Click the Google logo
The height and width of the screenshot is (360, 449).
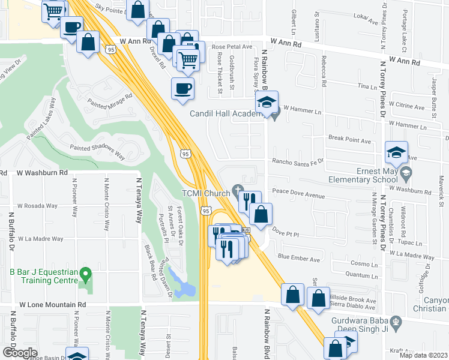(19, 352)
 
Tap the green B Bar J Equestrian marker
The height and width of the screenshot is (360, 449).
(85, 275)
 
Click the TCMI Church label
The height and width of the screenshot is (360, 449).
(206, 193)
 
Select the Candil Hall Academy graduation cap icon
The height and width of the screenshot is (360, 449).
(267, 102)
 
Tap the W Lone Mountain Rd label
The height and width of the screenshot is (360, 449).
(53, 305)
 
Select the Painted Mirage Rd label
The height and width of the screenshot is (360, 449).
(109, 100)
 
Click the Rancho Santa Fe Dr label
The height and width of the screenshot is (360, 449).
(298, 161)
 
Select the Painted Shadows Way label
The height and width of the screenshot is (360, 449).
(97, 151)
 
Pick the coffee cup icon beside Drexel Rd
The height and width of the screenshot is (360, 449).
(182, 89)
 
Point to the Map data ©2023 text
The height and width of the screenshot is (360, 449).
(424, 355)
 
